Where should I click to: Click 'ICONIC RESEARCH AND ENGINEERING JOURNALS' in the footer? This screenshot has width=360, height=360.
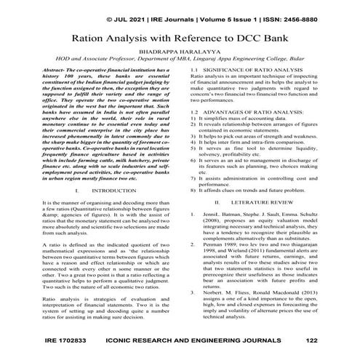[188, 340]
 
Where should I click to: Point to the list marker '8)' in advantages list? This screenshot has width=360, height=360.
[193, 188]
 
